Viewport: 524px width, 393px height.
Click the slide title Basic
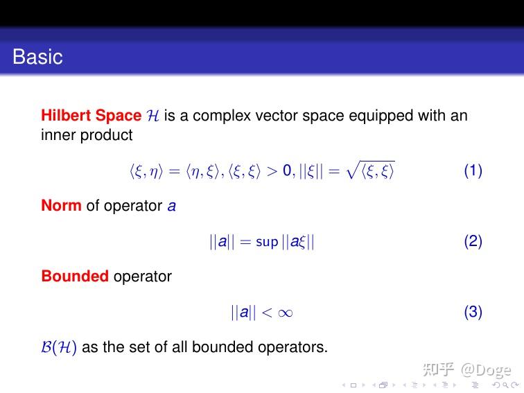(x=37, y=57)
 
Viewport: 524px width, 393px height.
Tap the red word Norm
(x=61, y=206)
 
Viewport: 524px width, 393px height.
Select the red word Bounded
(x=75, y=276)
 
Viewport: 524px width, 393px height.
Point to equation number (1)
(x=473, y=171)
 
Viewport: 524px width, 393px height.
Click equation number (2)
(x=473, y=241)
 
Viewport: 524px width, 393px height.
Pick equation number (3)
(x=473, y=312)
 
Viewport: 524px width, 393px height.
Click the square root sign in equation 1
(x=353, y=170)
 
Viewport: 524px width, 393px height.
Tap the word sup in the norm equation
(x=267, y=242)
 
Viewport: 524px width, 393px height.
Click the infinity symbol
(x=285, y=313)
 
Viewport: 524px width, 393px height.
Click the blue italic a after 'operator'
(x=171, y=207)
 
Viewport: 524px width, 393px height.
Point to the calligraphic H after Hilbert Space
(x=153, y=116)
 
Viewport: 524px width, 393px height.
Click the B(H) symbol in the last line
(x=59, y=347)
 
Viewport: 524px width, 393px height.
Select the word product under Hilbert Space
(x=106, y=135)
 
